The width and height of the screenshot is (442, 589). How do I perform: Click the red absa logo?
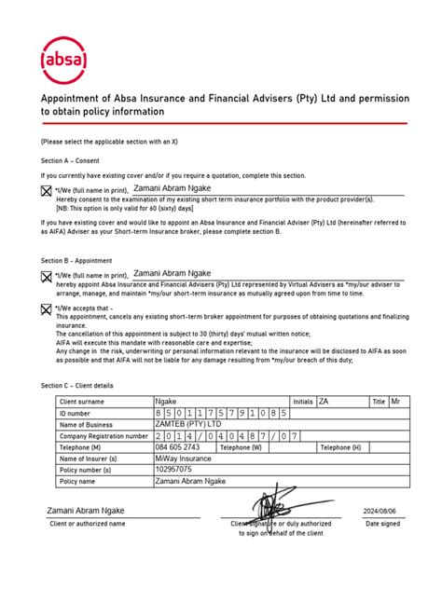(x=64, y=61)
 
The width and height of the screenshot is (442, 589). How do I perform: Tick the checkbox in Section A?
(x=47, y=192)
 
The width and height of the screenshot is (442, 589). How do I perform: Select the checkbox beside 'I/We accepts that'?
(x=47, y=309)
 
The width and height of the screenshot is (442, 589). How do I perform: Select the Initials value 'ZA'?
(x=324, y=402)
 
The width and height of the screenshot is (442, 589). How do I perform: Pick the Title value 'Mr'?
(x=395, y=402)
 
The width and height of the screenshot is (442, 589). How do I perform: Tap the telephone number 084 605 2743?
(x=178, y=446)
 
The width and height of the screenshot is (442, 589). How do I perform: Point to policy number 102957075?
(x=175, y=470)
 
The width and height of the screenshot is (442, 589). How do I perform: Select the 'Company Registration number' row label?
(x=104, y=435)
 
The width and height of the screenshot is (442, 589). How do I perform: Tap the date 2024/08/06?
(x=380, y=512)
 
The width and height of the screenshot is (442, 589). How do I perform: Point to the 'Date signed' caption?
(x=383, y=524)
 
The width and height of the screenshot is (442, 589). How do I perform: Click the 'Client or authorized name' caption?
(x=88, y=524)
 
